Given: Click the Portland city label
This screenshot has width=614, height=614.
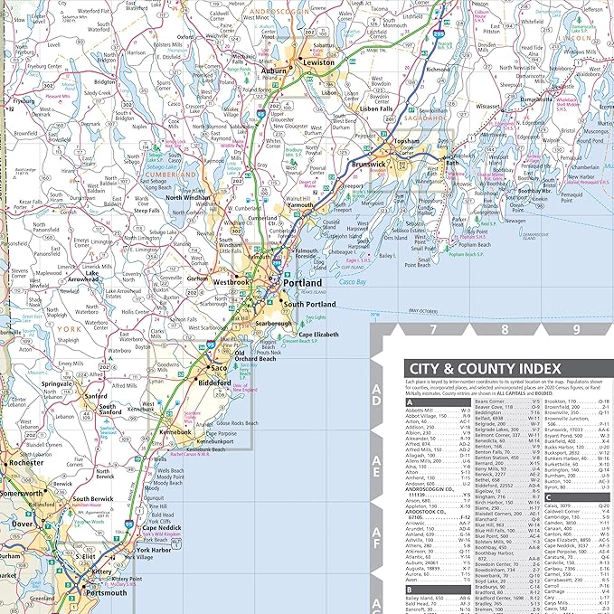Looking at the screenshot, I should [302, 283].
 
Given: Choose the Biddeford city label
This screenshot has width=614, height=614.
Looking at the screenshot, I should [215, 383].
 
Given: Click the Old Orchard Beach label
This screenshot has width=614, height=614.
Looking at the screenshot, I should [255, 357].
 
